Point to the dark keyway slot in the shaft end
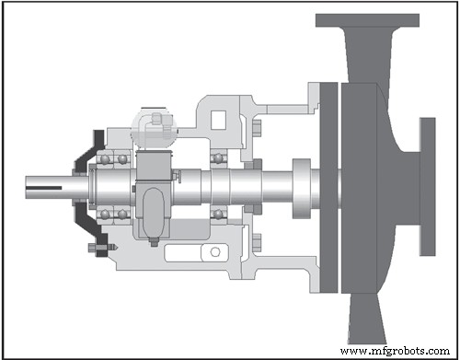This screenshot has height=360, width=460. pyautogui.click(x=50, y=191)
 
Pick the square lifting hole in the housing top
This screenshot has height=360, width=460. pyautogui.click(x=221, y=118)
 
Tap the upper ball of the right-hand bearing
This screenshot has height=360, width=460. pyautogui.click(x=218, y=158)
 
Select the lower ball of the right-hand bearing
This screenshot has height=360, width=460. pyautogui.click(x=218, y=215)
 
